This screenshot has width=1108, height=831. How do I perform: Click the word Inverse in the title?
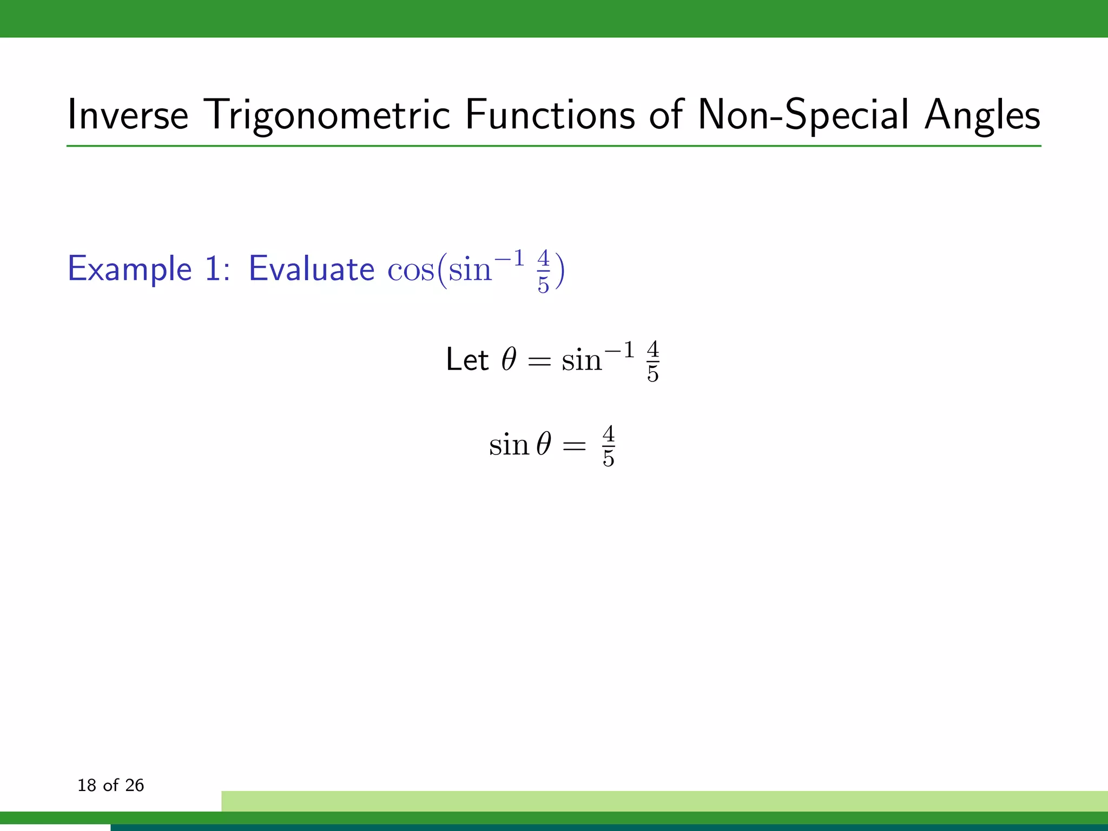[128, 115]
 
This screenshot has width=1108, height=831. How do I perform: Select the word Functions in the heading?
[550, 115]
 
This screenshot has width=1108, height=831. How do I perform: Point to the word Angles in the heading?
[982, 115]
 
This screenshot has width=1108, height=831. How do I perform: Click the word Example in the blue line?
[130, 269]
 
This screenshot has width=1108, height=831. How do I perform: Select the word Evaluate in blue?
[311, 269]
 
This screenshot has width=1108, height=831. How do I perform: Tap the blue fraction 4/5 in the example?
[543, 271]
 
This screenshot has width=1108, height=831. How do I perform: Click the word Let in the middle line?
[467, 360]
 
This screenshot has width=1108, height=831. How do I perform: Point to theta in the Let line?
[509, 359]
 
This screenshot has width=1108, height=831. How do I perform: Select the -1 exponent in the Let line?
[619, 351]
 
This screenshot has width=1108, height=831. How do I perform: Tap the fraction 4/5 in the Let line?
[653, 361]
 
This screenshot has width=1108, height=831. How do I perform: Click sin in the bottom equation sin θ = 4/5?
[509, 445]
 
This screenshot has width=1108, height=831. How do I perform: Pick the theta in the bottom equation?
[544, 445]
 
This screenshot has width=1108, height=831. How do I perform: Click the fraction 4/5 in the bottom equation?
[608, 446]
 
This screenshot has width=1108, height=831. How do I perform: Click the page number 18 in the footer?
[87, 786]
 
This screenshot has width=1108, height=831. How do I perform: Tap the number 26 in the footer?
[134, 786]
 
